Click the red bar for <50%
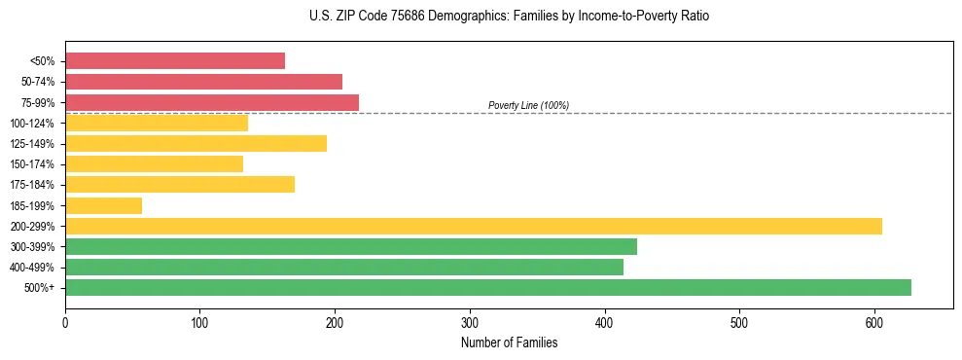tap(175, 61)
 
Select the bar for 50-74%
tap(203, 82)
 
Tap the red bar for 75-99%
tap(212, 102)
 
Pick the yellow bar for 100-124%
tap(157, 123)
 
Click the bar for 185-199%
tap(103, 205)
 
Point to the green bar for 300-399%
tap(351, 246)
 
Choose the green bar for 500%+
tap(488, 287)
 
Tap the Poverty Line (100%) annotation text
tap(528, 105)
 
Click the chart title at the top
tap(481, 17)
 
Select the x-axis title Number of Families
tap(509, 342)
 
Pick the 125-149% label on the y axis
tap(32, 144)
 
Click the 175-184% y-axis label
tap(32, 185)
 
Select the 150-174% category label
tap(32, 164)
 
